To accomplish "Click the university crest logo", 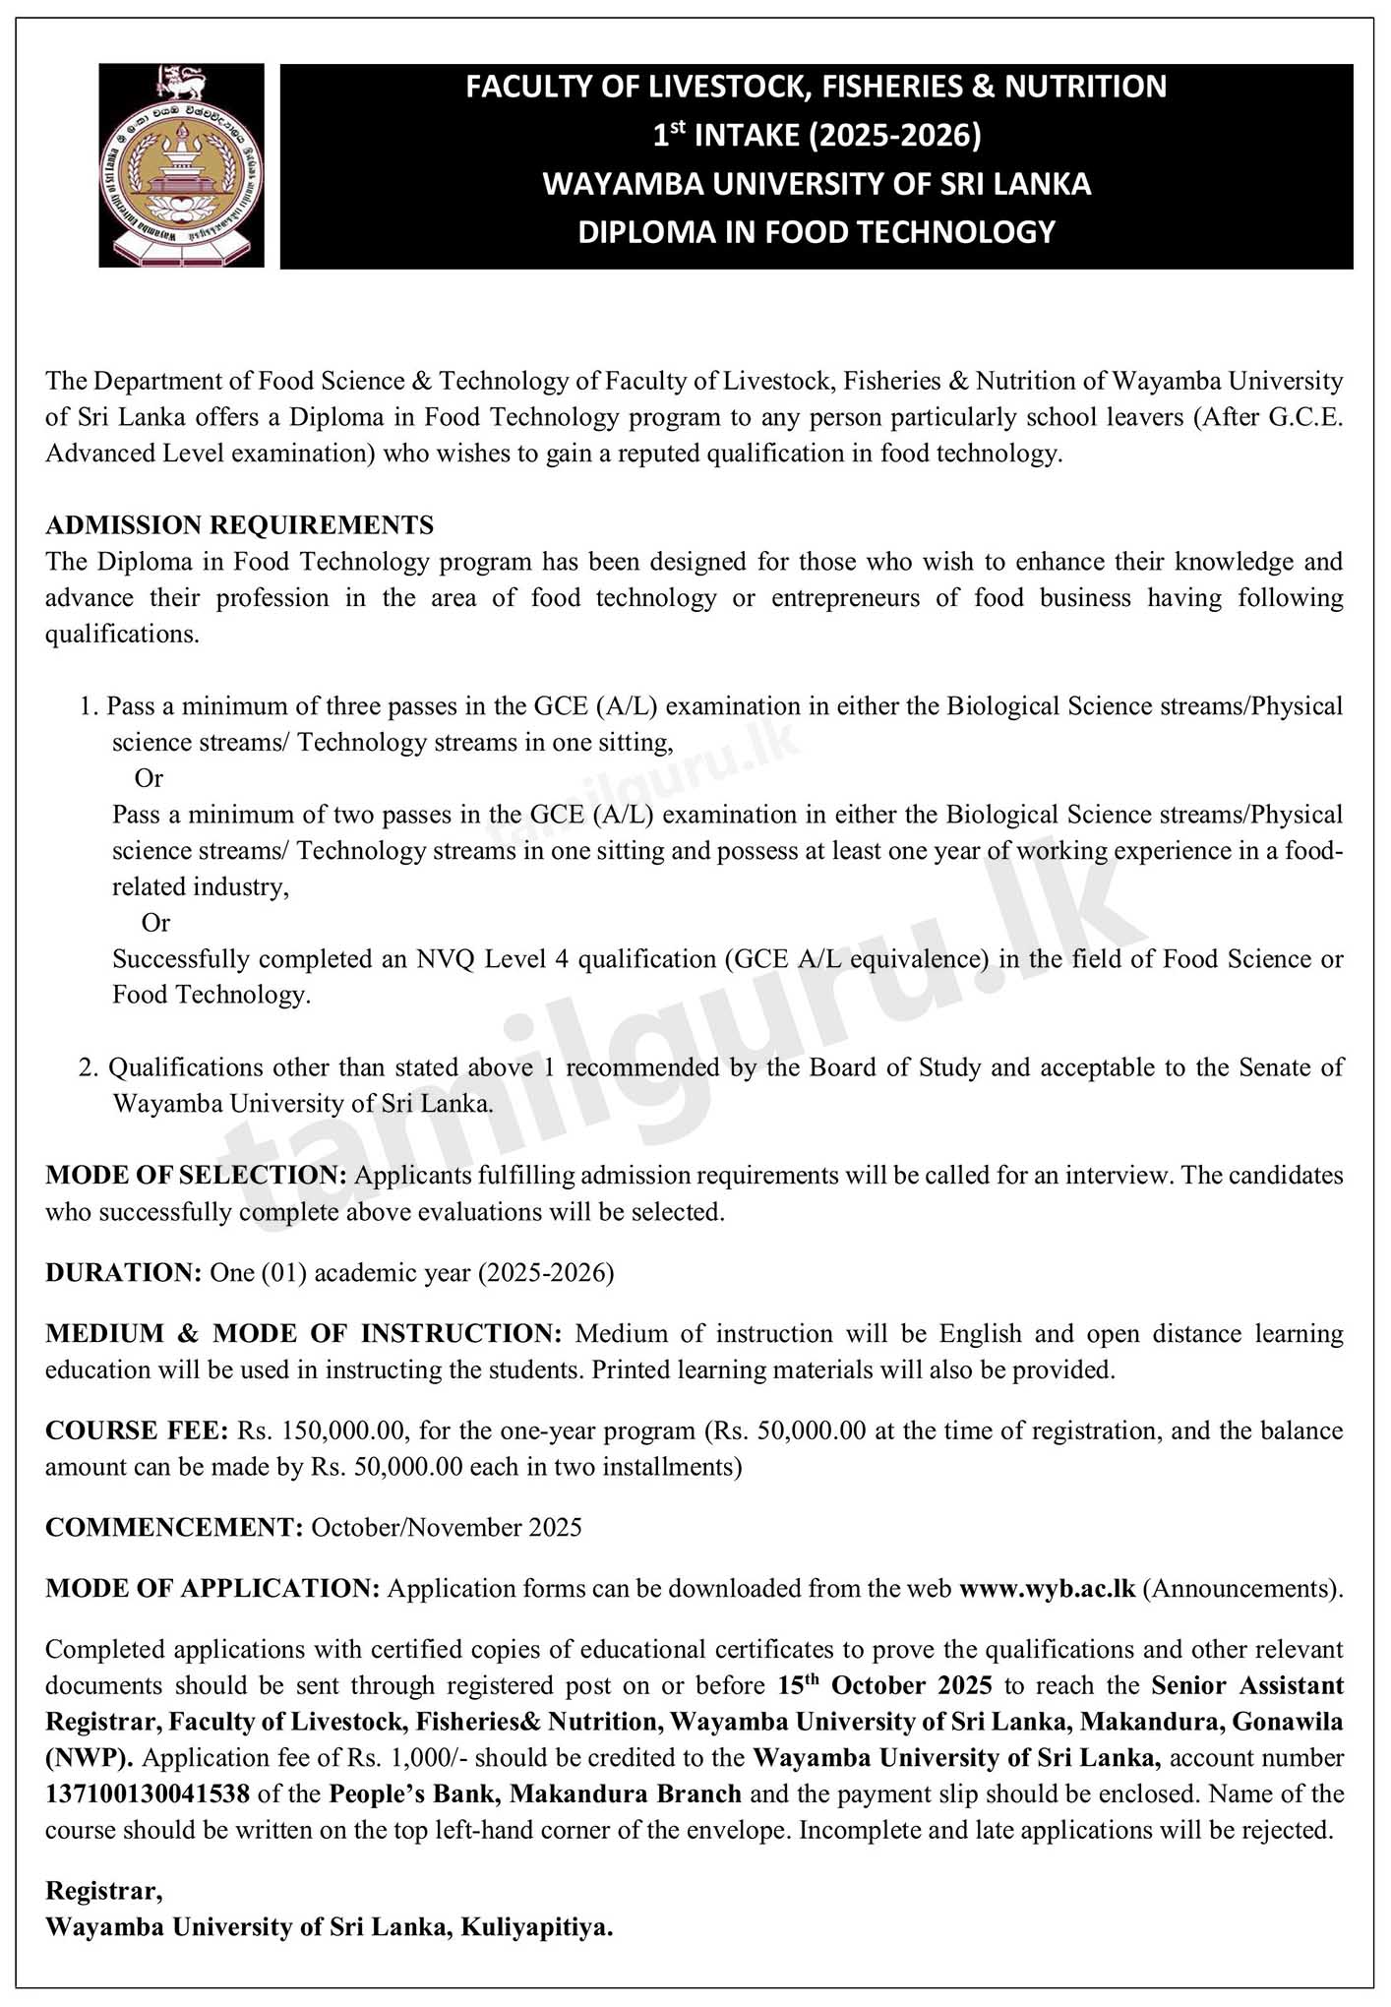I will point(181,165).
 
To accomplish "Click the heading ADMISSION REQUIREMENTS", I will point(239,525).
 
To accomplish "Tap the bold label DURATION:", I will point(124,1272).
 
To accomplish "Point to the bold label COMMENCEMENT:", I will point(174,1527).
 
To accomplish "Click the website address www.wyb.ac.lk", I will point(1047,1588).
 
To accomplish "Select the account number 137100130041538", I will point(148,1794).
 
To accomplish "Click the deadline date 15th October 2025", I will point(884,1685).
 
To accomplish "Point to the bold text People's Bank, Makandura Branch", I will point(534,1794).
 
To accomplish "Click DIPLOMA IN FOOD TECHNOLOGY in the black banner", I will point(816,232).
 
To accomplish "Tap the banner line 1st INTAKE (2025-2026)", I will point(816,135).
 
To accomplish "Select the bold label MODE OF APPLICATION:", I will point(212,1588).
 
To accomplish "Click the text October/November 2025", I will point(447,1527).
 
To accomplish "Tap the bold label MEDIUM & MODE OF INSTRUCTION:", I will point(303,1333).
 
